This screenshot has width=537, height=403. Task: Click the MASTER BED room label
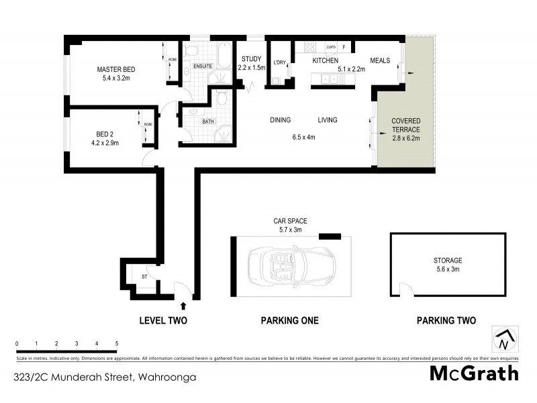pos(115,69)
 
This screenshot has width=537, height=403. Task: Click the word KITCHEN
pos(324,60)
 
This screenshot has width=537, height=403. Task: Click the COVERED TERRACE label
pos(405,125)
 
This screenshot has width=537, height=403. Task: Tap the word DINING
pos(280,120)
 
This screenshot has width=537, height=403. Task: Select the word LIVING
pos(327,120)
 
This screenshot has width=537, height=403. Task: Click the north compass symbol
pos(504,339)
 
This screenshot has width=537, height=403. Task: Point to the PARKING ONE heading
pos(289,321)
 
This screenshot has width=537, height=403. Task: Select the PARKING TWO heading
pos(446,321)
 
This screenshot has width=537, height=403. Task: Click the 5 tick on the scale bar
pos(117,344)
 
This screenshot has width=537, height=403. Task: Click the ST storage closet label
pos(144,277)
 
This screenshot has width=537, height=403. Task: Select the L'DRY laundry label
pos(280,63)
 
